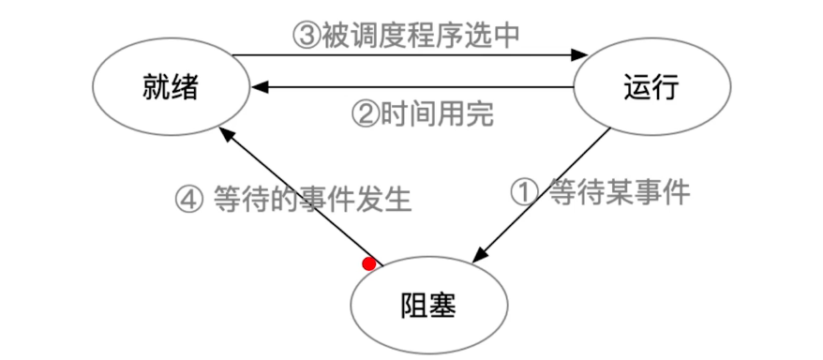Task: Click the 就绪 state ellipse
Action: (x=171, y=85)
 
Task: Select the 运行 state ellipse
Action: (x=651, y=85)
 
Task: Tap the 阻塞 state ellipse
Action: (x=428, y=305)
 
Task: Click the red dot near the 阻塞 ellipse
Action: (x=369, y=264)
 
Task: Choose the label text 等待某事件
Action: (x=619, y=193)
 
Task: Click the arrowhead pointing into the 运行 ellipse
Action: (x=578, y=55)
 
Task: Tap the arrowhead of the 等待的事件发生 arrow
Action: (x=226, y=134)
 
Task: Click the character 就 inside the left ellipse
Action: (x=157, y=85)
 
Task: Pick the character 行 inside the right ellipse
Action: (x=664, y=85)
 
